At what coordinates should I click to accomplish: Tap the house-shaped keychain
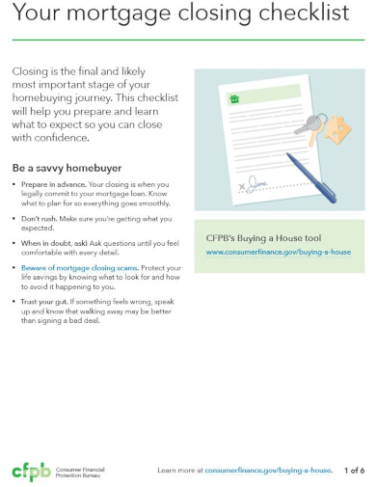coord(337,128)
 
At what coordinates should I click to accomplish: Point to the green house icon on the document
coord(233,98)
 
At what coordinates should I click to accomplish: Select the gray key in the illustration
coord(313,122)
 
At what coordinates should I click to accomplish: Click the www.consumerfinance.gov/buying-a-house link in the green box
coord(279,252)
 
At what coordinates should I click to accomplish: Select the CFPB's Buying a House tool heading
coord(257,236)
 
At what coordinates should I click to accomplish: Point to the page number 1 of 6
coord(355,471)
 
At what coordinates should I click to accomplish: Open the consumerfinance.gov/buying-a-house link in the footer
coord(269,471)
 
